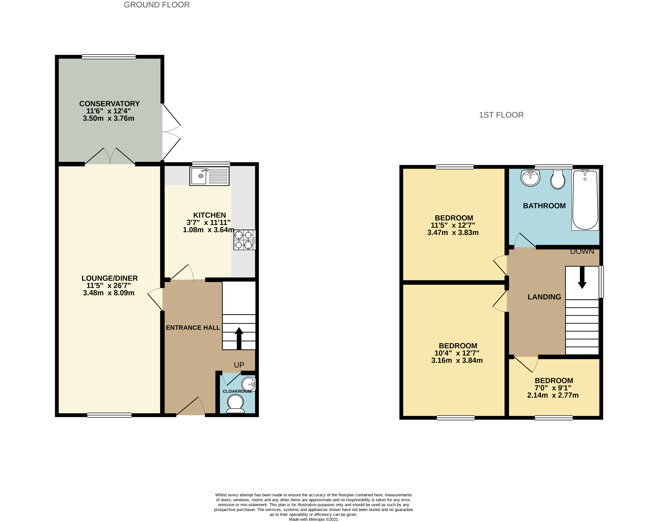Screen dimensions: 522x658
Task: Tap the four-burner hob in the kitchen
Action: pyautogui.click(x=244, y=240)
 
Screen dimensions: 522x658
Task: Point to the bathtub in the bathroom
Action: pyautogui.click(x=585, y=200)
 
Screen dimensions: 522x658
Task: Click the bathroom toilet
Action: pyautogui.click(x=558, y=179)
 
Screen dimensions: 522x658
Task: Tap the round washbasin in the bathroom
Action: pyautogui.click(x=530, y=178)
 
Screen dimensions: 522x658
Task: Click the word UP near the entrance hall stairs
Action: pyautogui.click(x=239, y=365)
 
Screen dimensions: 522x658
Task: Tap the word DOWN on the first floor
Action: pyautogui.click(x=582, y=251)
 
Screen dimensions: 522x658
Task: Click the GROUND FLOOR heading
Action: pyautogui.click(x=157, y=5)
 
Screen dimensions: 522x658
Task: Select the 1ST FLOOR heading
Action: pyautogui.click(x=501, y=115)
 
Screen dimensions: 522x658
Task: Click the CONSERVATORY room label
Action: pyautogui.click(x=109, y=104)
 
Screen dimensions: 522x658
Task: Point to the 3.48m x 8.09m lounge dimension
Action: pyautogui.click(x=109, y=293)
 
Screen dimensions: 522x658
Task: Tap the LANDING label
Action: pyautogui.click(x=544, y=297)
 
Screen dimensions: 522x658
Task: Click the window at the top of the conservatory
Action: pyautogui.click(x=109, y=57)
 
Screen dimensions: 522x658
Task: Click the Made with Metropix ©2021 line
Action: pyautogui.click(x=313, y=519)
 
